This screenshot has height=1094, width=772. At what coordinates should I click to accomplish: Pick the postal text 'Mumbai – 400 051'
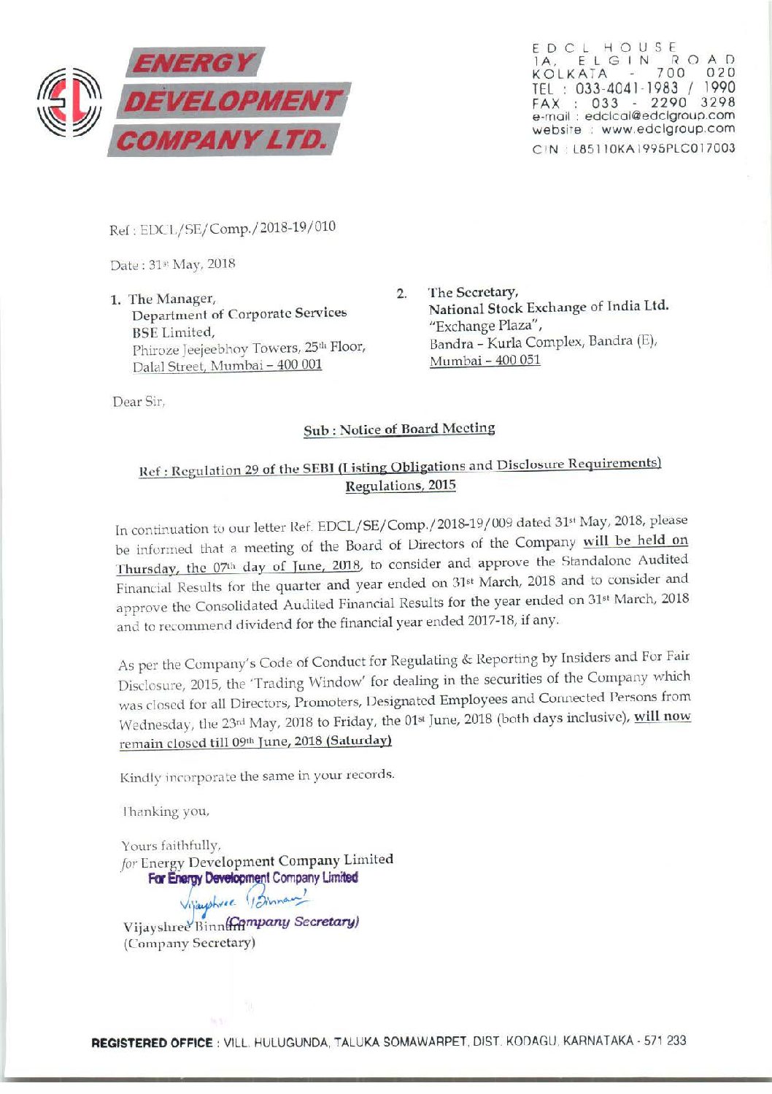485,361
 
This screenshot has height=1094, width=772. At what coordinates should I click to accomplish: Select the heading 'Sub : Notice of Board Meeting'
399,429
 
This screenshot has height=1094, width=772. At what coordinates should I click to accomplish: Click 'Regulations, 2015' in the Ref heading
401,486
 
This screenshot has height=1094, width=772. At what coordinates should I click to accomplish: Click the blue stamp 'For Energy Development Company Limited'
253,879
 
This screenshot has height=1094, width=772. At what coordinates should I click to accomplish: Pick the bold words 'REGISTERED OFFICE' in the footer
151,1041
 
